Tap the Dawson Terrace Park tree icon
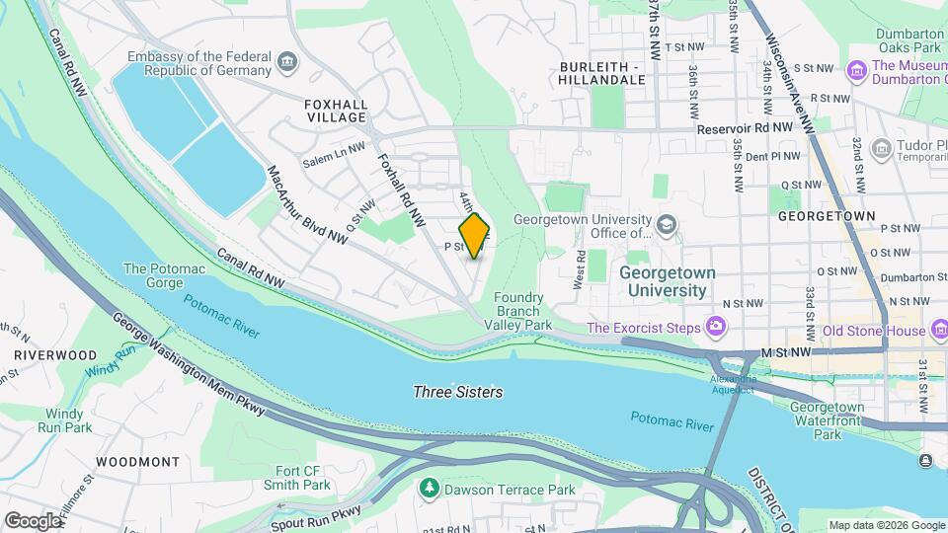click(x=429, y=489)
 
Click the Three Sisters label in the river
click(x=457, y=392)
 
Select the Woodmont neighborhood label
click(x=138, y=461)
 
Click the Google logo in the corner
click(x=33, y=520)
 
